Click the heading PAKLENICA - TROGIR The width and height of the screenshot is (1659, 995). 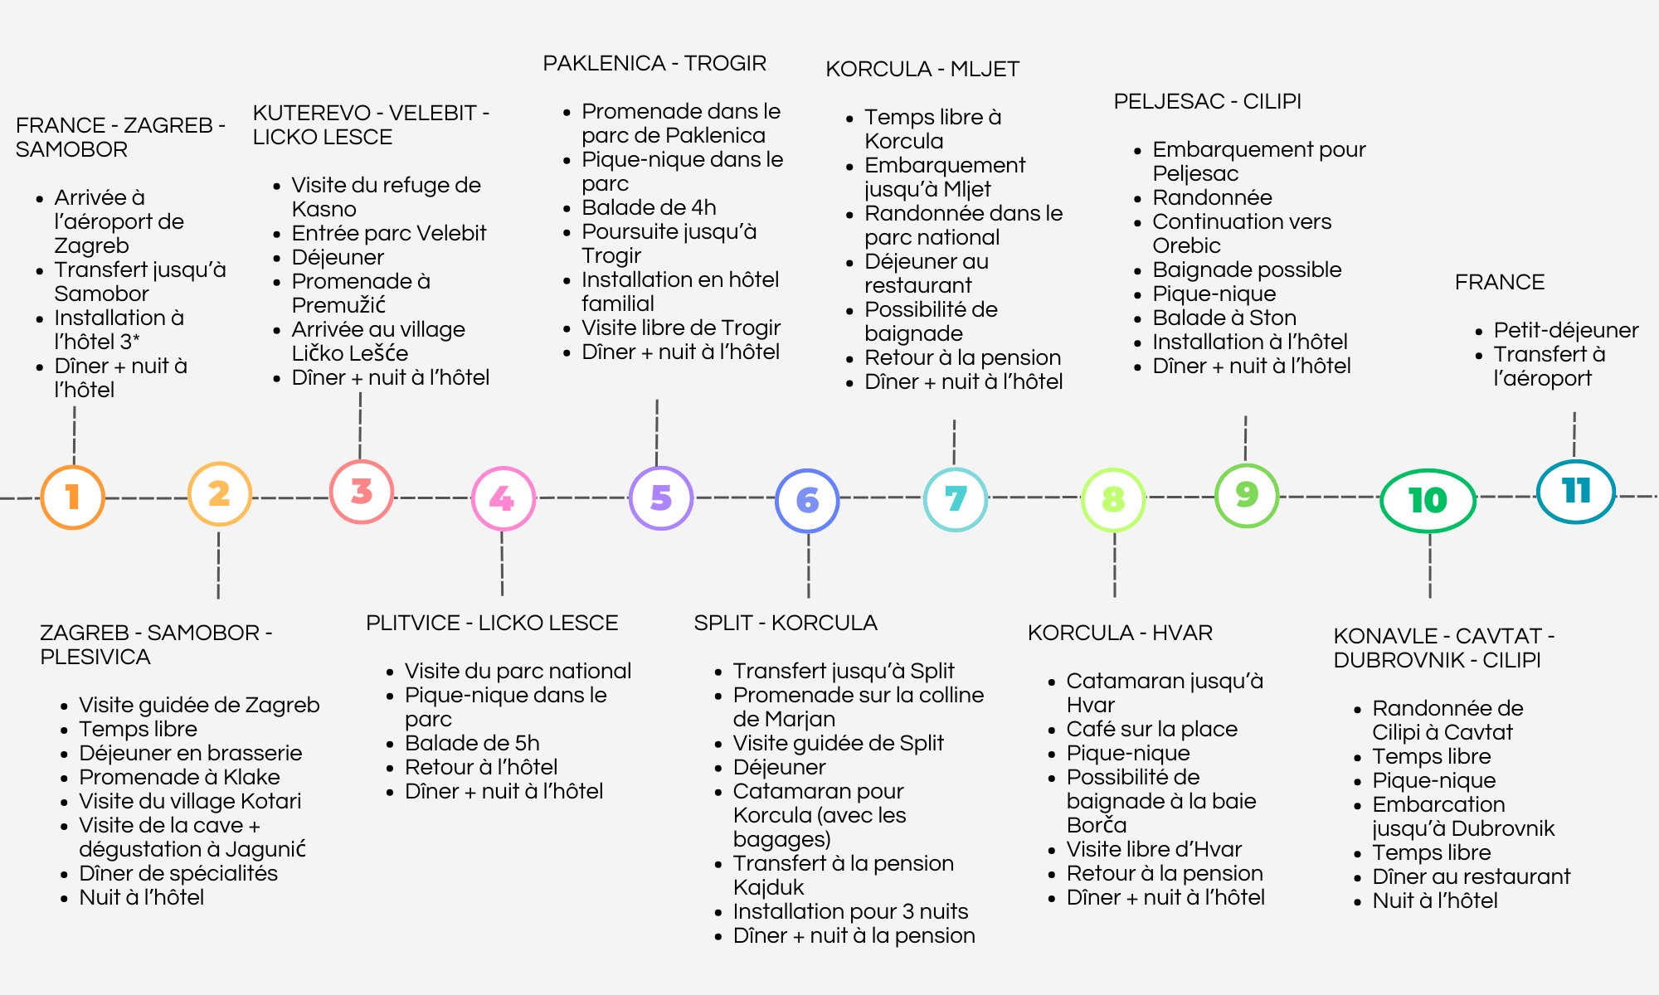[x=654, y=63]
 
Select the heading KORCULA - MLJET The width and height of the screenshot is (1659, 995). [x=922, y=69]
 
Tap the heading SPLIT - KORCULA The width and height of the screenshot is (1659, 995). [x=786, y=623]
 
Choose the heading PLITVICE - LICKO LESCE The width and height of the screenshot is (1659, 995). [x=492, y=623]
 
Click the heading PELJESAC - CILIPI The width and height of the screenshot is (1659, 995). [x=1207, y=101]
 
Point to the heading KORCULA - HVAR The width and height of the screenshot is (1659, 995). [x=1120, y=633]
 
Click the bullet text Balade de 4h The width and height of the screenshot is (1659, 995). [x=649, y=207]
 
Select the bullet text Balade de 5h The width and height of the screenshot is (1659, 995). [x=472, y=743]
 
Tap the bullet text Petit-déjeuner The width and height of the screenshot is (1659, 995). [x=1566, y=330]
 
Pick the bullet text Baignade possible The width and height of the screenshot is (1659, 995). [x=1247, y=269]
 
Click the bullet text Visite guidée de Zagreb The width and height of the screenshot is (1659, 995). [x=199, y=705]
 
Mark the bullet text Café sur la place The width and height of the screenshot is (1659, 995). [x=1152, y=729]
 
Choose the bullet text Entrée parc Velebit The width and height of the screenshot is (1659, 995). [x=389, y=233]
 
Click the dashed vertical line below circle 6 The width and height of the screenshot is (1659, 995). [x=809, y=565]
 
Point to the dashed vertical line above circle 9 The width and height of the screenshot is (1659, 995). [x=1245, y=439]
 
